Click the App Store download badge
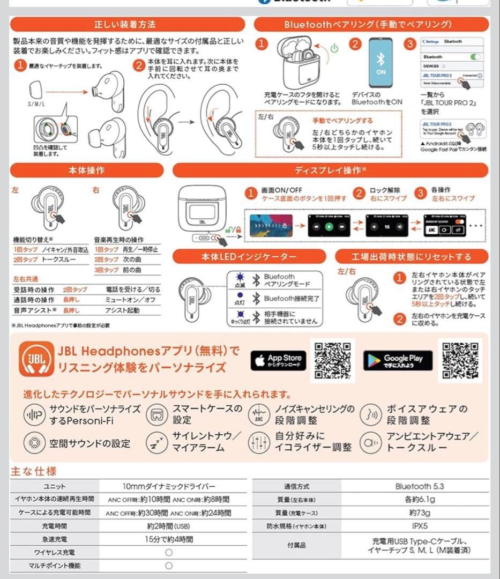click(x=278, y=360)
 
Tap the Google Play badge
click(x=398, y=360)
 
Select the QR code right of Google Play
click(x=460, y=360)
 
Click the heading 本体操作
click(x=87, y=170)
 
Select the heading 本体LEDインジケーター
click(x=249, y=257)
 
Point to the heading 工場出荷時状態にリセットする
click(x=412, y=257)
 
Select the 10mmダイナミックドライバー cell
click(x=169, y=486)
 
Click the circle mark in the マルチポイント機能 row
click(x=169, y=565)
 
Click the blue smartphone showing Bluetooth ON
click(x=381, y=63)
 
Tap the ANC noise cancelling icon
click(x=258, y=415)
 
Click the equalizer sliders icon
click(x=258, y=442)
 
